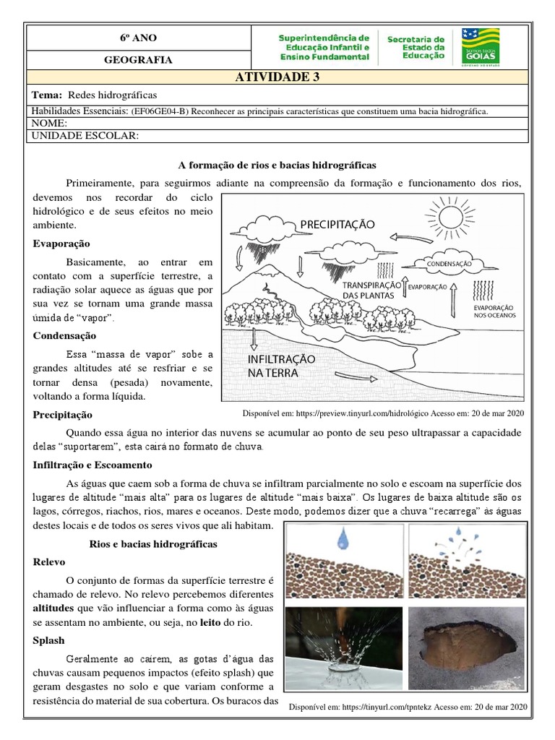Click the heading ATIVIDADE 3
(277, 78)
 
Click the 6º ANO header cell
(137, 38)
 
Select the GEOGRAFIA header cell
(137, 60)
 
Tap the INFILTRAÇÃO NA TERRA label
(282, 366)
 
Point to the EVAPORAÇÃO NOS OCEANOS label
(495, 311)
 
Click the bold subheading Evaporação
(61, 244)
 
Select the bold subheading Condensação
(64, 335)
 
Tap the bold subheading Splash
(49, 640)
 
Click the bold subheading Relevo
(50, 562)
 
